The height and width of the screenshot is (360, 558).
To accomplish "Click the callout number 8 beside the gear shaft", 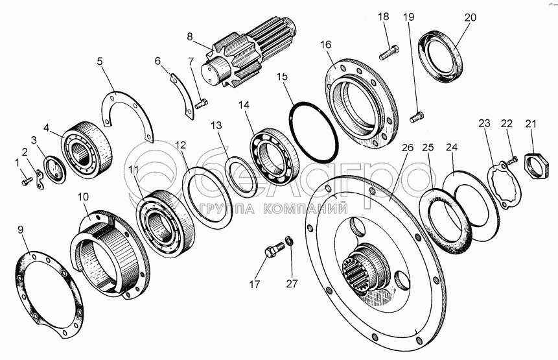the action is click(x=189, y=36).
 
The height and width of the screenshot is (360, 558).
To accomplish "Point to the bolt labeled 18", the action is click(x=389, y=52).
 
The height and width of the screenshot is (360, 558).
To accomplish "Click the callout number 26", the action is click(x=408, y=147).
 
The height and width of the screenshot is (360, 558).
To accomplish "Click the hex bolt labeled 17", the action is click(x=274, y=249).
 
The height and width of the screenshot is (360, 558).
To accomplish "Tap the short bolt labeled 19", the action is click(x=416, y=117).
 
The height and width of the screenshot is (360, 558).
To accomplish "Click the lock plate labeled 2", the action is click(x=40, y=180).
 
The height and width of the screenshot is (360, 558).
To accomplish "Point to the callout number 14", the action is click(x=244, y=104).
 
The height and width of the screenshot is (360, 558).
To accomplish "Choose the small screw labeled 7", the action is click(x=201, y=104).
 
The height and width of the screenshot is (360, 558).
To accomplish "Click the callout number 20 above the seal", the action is click(x=470, y=17).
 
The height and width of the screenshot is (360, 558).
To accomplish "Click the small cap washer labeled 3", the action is click(x=54, y=169).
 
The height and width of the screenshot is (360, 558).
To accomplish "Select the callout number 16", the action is click(x=325, y=45).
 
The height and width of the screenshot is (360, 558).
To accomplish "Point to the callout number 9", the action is click(x=20, y=230).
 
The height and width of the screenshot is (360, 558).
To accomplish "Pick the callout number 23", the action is click(x=484, y=123).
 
